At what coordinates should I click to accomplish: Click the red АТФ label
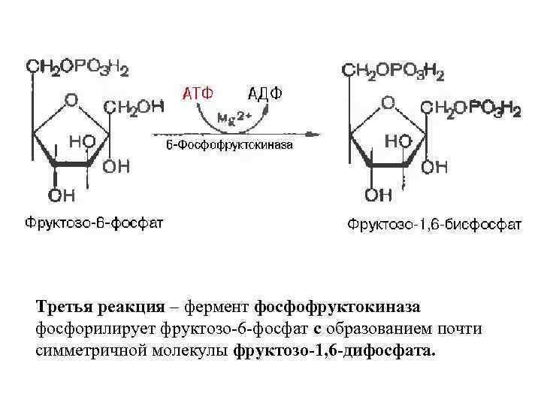click(199, 93)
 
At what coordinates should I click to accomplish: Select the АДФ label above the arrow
click(265, 93)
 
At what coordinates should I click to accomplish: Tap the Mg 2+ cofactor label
click(235, 118)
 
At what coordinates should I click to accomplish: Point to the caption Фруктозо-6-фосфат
click(94, 223)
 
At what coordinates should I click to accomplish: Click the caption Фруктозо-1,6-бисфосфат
click(434, 224)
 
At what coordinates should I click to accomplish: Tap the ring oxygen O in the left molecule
click(71, 99)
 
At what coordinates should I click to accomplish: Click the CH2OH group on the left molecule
click(133, 107)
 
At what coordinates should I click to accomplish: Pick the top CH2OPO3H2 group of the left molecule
click(77, 67)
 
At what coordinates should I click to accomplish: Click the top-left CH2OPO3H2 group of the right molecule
click(393, 71)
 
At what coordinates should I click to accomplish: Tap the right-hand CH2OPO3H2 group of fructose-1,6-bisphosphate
click(470, 110)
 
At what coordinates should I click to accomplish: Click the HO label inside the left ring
click(82, 141)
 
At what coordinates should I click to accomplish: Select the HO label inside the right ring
click(397, 141)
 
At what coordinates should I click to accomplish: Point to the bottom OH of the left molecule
click(62, 195)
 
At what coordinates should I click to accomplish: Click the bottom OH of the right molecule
click(379, 196)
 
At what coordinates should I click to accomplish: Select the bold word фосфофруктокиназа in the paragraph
click(337, 307)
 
